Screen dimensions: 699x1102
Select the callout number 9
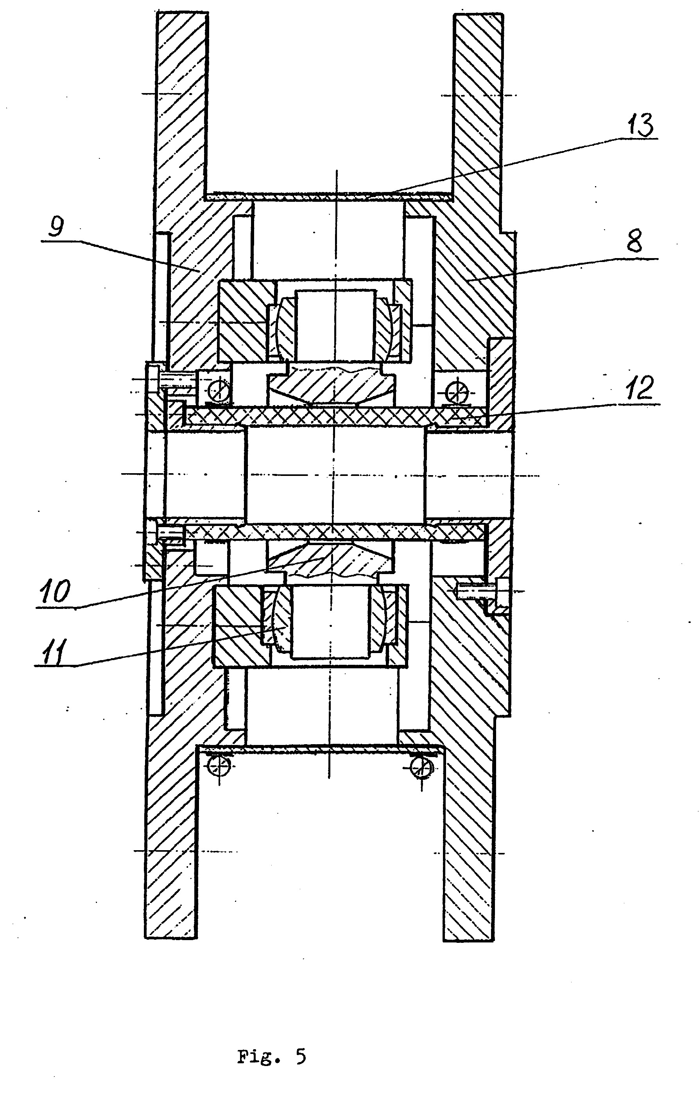coord(56,228)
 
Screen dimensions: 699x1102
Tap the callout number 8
coord(634,241)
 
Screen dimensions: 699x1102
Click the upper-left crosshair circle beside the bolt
coord(218,392)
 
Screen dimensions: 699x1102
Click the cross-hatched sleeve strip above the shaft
coord(334,416)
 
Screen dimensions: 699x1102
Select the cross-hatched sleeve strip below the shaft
coord(334,531)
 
